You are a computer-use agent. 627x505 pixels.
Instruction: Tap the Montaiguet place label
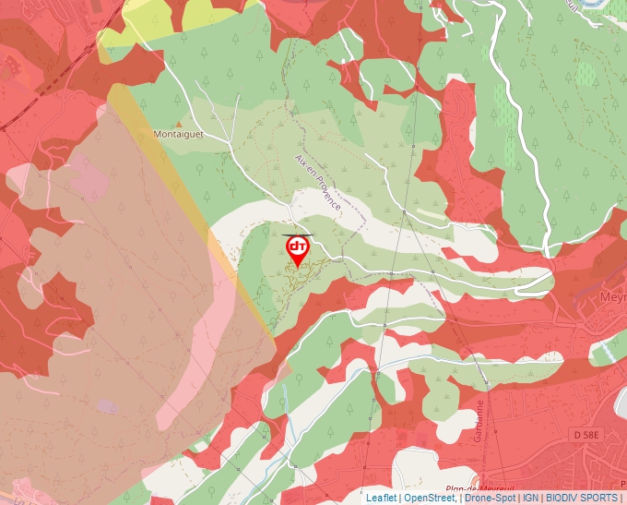coord(179,134)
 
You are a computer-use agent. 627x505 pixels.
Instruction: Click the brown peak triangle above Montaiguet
coord(179,121)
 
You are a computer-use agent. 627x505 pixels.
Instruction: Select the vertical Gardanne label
coord(479,421)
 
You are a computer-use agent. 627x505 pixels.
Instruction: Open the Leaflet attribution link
coord(381,498)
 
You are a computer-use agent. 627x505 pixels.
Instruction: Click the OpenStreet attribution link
coord(429,498)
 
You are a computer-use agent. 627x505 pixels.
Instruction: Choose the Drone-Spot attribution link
coord(490,498)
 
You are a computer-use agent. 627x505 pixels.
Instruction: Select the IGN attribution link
coord(530,498)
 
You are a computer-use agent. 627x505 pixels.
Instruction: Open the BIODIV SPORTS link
coord(580,498)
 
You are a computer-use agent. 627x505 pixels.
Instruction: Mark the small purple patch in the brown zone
coord(108,406)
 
